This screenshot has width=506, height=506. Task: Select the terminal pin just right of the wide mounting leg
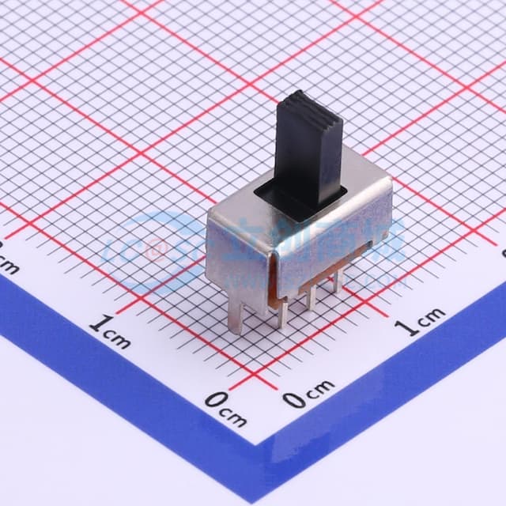282,312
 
